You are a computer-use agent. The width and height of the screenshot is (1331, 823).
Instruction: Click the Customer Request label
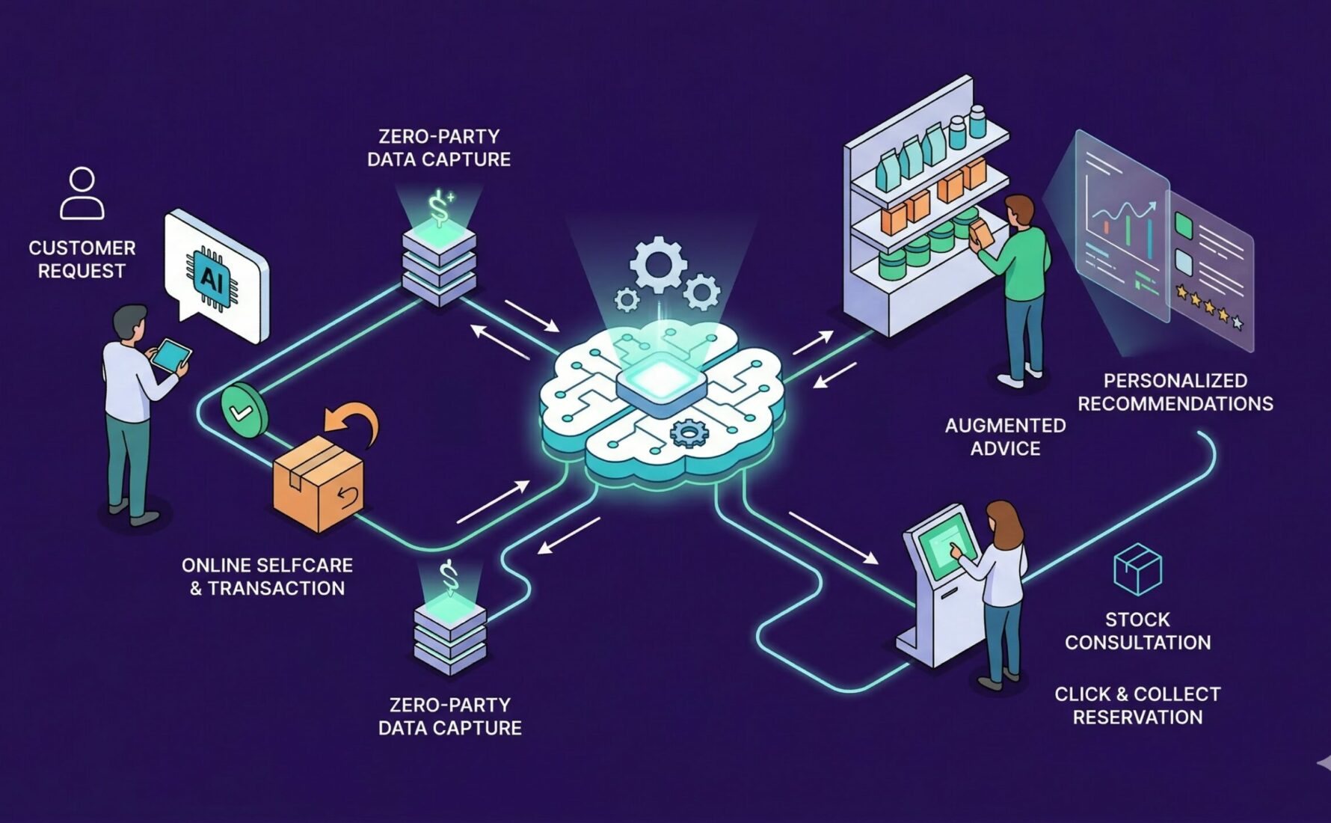[82, 259]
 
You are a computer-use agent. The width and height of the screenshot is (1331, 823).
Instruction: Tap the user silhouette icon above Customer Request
[82, 193]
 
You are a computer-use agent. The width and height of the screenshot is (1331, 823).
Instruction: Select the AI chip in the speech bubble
[212, 280]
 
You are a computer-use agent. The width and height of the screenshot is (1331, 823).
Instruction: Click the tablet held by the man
[171, 355]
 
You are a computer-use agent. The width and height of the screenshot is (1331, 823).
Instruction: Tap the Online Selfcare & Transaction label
[267, 577]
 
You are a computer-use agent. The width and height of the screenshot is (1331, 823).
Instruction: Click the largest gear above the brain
[658, 264]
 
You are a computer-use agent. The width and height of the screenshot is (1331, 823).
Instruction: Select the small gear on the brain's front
[689, 432]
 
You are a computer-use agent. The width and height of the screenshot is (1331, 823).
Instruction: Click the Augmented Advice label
[1005, 437]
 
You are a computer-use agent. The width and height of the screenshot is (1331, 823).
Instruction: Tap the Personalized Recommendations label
[1175, 392]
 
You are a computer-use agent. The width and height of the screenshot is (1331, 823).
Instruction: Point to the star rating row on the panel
[1208, 307]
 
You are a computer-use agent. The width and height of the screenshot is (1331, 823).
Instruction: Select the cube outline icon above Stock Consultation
[1137, 569]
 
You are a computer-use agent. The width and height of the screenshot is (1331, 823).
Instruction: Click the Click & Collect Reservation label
[1137, 706]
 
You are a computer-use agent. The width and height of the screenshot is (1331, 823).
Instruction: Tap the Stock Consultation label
[1137, 631]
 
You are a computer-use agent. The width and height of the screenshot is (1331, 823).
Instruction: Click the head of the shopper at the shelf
[1019, 212]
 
